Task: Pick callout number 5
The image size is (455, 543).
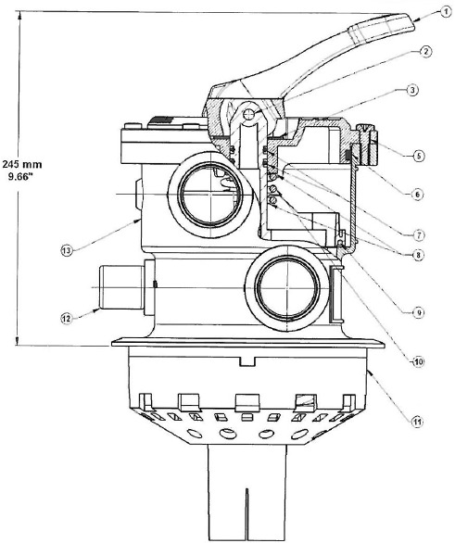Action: point(420,156)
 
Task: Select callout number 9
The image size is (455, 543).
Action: point(420,312)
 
